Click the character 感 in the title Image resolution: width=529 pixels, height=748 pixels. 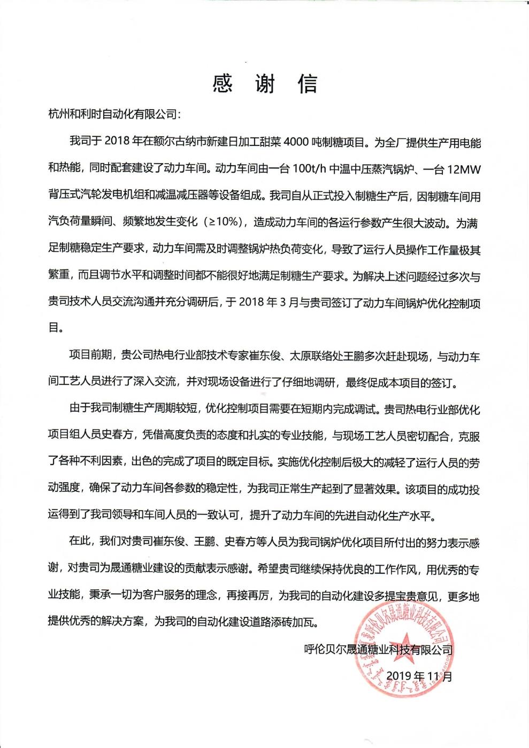(223, 83)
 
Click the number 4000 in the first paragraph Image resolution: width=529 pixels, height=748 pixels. (297, 142)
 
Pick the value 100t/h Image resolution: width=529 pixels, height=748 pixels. (309, 169)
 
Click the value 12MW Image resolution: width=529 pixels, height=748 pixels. (464, 169)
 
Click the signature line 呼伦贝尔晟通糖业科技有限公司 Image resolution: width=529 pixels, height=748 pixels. (378, 650)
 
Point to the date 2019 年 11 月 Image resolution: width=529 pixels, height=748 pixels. (419, 676)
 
